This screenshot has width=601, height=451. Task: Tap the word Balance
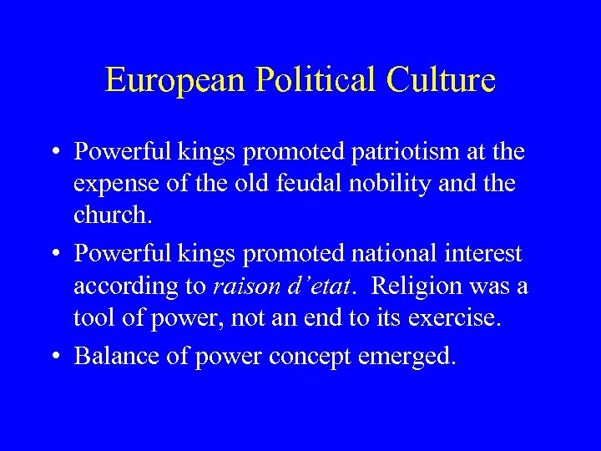[112, 356]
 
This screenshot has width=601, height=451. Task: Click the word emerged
[412, 356]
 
